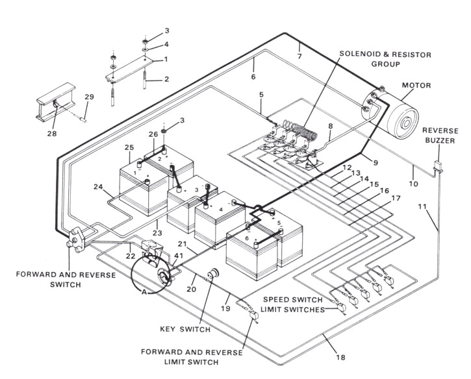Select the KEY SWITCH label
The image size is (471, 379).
[x=185, y=329]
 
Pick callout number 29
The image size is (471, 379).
[x=90, y=97]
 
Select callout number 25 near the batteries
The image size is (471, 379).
[x=130, y=148]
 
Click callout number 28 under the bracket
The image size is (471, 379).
[x=51, y=134]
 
